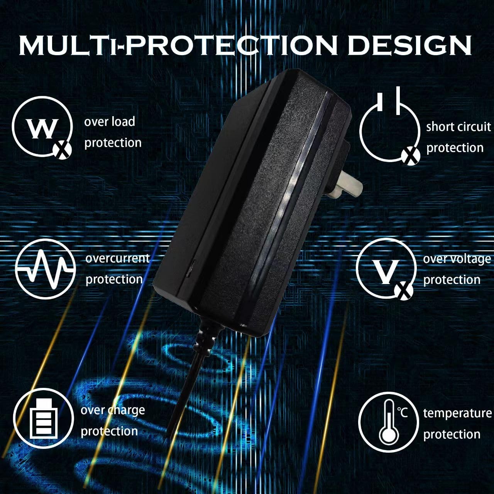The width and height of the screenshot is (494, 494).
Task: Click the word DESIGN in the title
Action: (409, 45)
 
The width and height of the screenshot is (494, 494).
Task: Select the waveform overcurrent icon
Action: (46, 269)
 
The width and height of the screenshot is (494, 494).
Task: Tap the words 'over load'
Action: (110, 122)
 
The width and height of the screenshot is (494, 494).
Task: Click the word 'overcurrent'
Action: (118, 259)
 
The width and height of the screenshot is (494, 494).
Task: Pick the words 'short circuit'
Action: (458, 127)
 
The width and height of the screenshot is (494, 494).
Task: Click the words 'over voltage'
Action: (457, 259)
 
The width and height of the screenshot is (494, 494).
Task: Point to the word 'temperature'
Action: (457, 413)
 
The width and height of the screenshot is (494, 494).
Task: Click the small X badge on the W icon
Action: (62, 149)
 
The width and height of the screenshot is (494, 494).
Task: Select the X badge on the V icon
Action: (404, 291)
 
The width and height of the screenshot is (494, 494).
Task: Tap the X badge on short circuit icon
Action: (411, 156)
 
